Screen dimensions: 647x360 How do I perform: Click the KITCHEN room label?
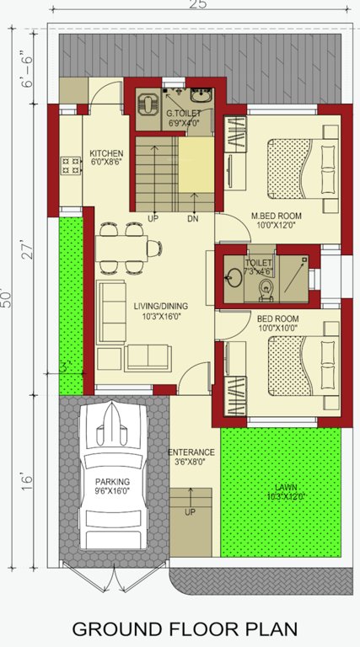106,153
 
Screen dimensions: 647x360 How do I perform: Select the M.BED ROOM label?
276,216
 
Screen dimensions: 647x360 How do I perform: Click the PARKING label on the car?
111,483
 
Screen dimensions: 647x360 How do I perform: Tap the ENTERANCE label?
191,452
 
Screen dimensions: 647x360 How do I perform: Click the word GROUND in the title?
116,628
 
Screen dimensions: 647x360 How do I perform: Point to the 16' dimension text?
28,480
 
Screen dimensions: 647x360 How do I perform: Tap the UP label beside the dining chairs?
153,218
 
